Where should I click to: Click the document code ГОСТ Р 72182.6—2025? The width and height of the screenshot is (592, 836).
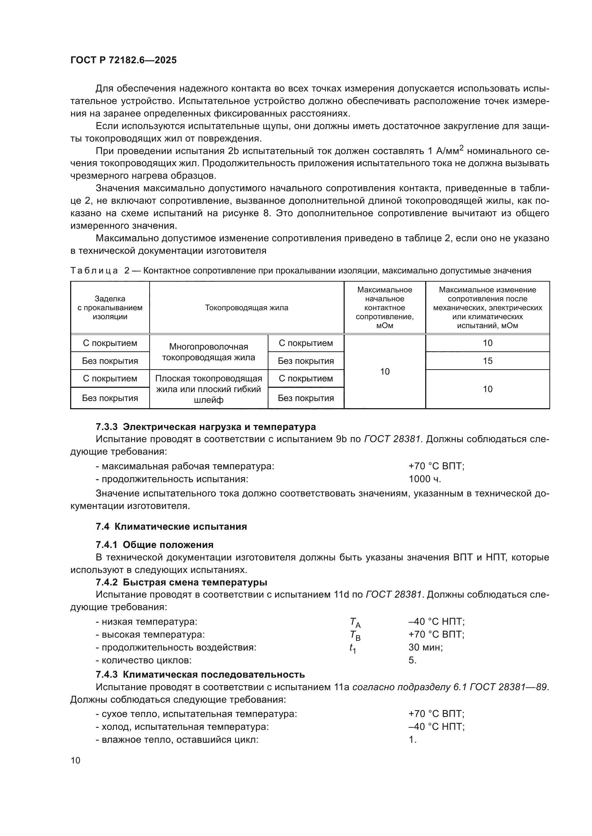point(123,60)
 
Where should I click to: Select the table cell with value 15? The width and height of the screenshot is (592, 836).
point(487,361)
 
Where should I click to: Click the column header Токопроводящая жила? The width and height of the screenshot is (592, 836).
point(246,308)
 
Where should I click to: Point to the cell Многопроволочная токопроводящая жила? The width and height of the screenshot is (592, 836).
point(209,352)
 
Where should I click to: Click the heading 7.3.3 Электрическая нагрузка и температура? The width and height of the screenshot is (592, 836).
point(205,426)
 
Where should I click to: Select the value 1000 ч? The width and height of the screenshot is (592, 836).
point(425,479)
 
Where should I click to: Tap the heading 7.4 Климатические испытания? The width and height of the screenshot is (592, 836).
point(171,526)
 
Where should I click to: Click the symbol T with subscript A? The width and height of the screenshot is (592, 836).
point(355,622)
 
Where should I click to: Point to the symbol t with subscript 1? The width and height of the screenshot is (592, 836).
point(353,648)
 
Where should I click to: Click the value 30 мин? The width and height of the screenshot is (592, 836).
point(426,647)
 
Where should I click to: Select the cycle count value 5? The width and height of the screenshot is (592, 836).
point(412,660)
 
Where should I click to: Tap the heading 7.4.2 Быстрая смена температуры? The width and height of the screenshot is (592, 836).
point(181,582)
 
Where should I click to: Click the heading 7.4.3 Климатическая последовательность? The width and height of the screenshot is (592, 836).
point(200,674)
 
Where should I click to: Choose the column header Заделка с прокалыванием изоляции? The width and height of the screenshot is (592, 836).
point(110,308)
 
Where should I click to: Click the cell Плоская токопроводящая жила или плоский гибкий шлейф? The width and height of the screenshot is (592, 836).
point(209,389)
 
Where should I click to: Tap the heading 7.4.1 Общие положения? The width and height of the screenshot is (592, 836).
point(155,545)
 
